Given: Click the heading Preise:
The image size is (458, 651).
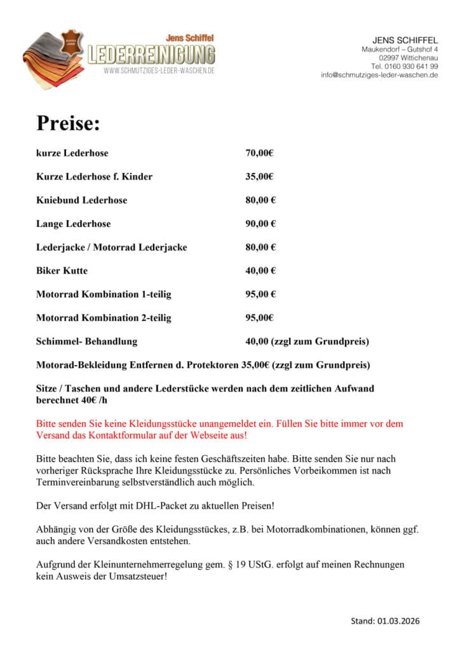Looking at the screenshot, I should point(68,123).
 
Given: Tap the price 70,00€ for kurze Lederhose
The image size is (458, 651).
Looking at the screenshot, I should point(259,153).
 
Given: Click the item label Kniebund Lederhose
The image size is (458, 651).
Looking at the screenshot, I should point(81,200).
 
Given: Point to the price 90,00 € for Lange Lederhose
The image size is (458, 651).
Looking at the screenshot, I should point(260,224).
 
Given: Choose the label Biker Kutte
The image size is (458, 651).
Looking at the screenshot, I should point(62,271).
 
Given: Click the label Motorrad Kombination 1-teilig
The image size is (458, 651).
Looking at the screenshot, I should point(104,294).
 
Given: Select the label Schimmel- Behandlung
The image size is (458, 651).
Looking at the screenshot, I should point(86,341).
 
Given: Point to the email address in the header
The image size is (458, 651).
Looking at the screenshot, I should point(379,75).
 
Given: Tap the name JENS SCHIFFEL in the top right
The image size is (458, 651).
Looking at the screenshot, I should point(405,41).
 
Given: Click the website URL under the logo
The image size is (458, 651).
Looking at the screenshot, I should point(159,71).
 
